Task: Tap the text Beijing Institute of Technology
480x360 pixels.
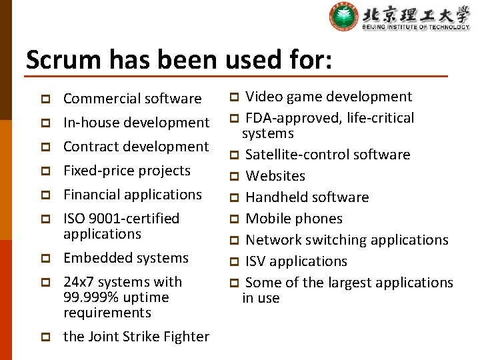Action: click(x=415, y=27)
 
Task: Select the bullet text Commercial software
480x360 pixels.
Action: click(x=132, y=99)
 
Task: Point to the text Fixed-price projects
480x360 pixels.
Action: click(x=127, y=171)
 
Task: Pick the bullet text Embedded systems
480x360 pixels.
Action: click(x=126, y=258)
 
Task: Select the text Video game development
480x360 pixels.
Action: click(x=329, y=97)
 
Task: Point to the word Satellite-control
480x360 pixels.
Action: click(x=293, y=155)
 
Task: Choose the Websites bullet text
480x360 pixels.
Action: click(x=275, y=176)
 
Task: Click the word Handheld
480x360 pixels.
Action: click(x=275, y=197)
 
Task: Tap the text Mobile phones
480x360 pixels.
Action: click(x=294, y=219)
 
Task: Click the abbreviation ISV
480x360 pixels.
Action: click(x=257, y=261)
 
